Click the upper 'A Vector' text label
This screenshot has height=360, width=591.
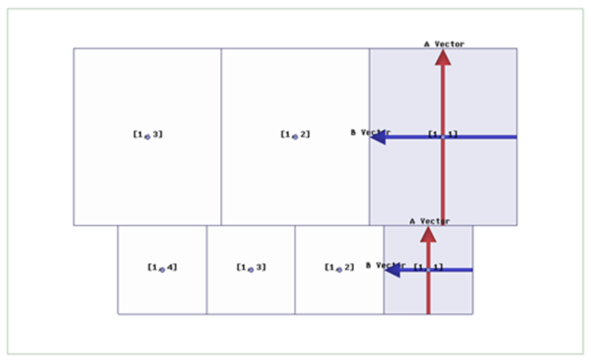click(444, 44)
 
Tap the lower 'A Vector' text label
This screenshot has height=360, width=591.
click(429, 221)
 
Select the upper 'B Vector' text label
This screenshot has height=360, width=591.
click(370, 133)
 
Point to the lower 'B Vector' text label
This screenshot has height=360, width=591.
click(385, 265)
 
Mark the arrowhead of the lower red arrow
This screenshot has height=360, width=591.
click(428, 234)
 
